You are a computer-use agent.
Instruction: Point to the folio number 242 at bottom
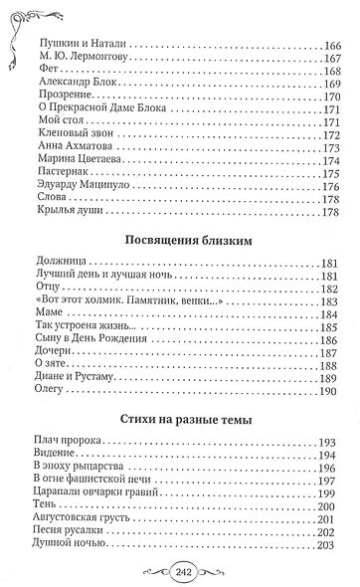[x=181, y=571]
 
